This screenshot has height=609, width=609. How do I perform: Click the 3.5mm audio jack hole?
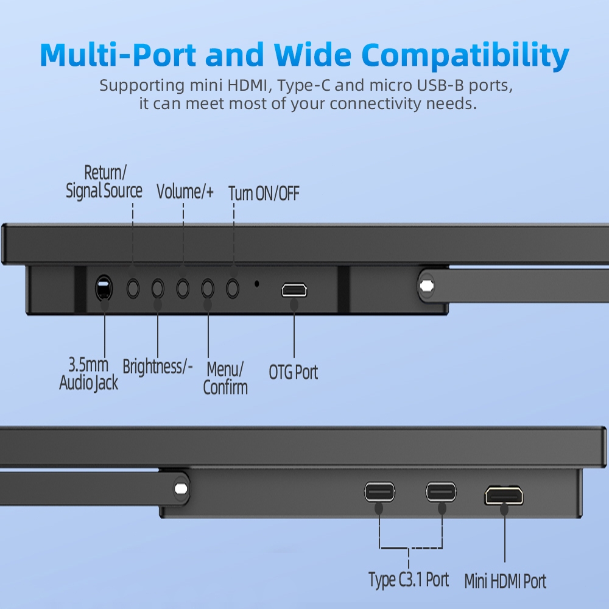pyautogui.click(x=104, y=287)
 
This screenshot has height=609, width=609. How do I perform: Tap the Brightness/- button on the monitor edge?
pyautogui.click(x=158, y=287)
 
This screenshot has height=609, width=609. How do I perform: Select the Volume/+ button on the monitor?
pyautogui.click(x=183, y=287)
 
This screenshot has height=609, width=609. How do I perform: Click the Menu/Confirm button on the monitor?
pyautogui.click(x=208, y=287)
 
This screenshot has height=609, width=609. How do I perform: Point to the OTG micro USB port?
pyautogui.click(x=294, y=290)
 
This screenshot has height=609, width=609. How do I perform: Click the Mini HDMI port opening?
pyautogui.click(x=504, y=495)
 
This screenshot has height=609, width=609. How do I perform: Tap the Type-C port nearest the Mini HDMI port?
pyautogui.click(x=441, y=491)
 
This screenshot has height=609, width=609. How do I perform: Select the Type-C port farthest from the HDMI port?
pyautogui.click(x=379, y=491)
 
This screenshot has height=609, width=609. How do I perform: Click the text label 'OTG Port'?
pyautogui.click(x=294, y=372)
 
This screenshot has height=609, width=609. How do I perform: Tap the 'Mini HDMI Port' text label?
pyautogui.click(x=505, y=581)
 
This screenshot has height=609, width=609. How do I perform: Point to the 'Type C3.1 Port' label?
pyautogui.click(x=409, y=579)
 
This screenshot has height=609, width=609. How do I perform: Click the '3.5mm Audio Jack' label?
pyautogui.click(x=89, y=374)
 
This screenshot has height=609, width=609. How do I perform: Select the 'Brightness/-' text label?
pyautogui.click(x=158, y=367)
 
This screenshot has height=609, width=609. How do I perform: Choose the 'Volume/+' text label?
pyautogui.click(x=185, y=192)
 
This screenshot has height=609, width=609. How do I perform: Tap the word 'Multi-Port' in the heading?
pyautogui.click(x=118, y=55)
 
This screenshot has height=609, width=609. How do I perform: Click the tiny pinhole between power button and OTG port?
pyautogui.click(x=257, y=283)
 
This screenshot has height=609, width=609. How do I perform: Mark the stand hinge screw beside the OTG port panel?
pyautogui.click(x=426, y=284)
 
